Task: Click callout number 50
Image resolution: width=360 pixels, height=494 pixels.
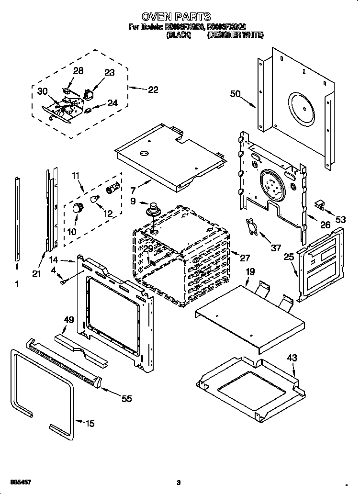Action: point(235,94)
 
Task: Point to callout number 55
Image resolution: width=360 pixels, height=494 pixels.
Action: point(126,398)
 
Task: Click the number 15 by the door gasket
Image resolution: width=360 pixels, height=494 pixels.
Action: point(90,423)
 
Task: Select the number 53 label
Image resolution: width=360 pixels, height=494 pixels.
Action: point(340,219)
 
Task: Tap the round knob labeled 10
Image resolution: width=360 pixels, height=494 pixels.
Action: point(77,208)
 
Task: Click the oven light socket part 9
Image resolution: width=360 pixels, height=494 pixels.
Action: point(153,210)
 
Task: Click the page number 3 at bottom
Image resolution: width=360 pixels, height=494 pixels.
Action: point(178,482)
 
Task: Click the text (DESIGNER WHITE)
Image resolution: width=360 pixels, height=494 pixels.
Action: point(235,35)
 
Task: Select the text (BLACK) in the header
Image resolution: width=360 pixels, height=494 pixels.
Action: point(178,35)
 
